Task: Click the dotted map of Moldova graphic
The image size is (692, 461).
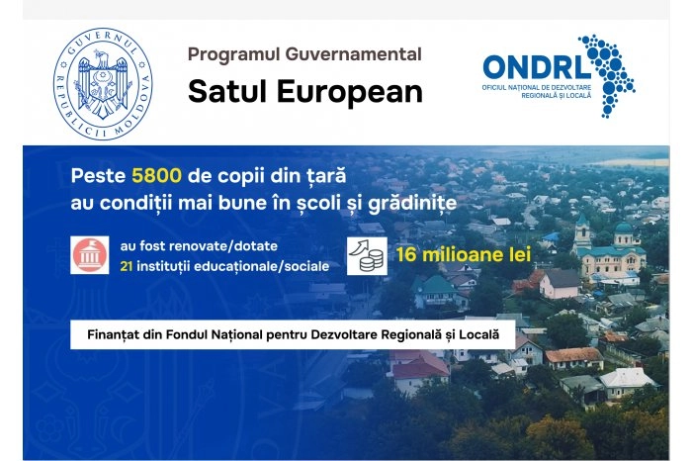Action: (607, 73)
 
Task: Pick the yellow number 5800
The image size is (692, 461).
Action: (155, 176)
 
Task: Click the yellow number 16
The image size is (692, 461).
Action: (408, 254)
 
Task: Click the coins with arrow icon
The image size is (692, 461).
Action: (367, 255)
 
